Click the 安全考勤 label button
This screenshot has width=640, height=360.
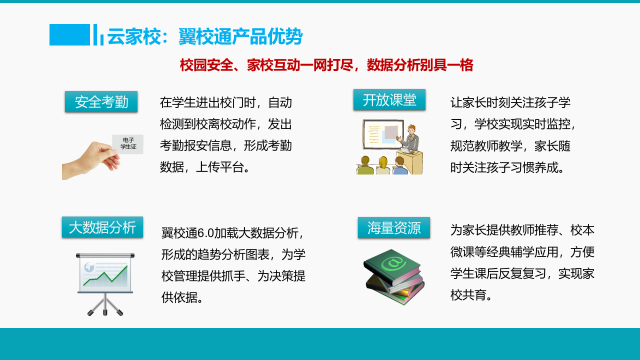[101, 102]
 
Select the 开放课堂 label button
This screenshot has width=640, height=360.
[389, 100]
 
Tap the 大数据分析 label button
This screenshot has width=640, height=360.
[102, 227]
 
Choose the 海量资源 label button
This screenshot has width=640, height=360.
[394, 228]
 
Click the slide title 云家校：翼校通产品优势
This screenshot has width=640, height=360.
[205, 36]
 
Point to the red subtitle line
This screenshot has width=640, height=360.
[326, 65]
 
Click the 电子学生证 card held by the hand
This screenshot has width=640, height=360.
[127, 144]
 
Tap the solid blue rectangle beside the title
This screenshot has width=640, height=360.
[69, 34]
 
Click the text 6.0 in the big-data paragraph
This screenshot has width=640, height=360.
[205, 233]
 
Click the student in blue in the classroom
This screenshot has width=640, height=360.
[399, 166]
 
